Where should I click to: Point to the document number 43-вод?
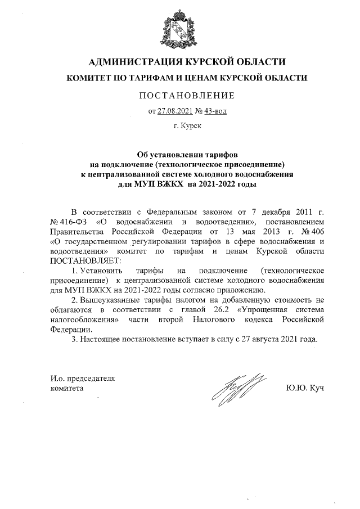214,111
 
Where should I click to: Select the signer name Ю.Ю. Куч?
305,388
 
